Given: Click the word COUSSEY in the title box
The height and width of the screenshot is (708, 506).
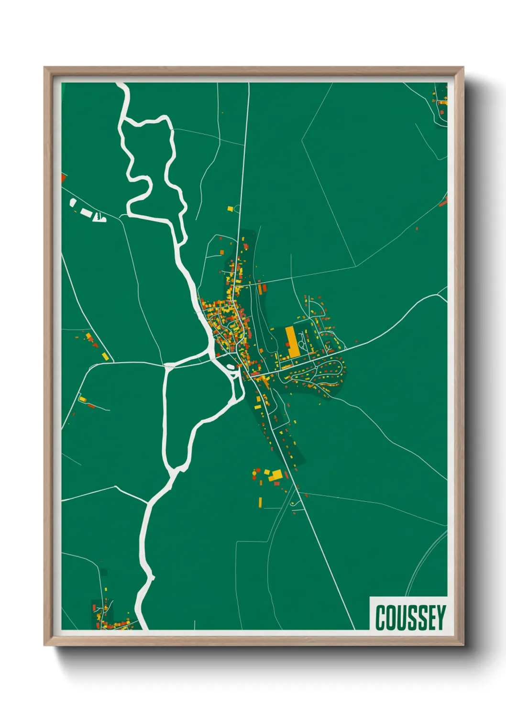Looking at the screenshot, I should (x=410, y=618).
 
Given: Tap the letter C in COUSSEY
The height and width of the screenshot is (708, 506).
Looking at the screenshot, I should (x=381, y=618).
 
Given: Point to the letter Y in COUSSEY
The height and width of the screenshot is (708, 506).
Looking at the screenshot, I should (x=441, y=618).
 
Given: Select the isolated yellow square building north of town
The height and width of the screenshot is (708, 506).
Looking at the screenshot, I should (x=230, y=209).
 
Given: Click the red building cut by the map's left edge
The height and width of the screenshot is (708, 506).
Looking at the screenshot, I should (x=63, y=178).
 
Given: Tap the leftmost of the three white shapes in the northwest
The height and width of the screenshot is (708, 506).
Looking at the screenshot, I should (x=73, y=202).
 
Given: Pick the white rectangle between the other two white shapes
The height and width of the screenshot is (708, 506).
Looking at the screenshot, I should (x=86, y=212).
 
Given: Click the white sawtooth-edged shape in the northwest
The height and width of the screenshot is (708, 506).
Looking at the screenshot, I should (x=99, y=218).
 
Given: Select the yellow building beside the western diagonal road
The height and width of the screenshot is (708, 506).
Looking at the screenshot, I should (x=105, y=356).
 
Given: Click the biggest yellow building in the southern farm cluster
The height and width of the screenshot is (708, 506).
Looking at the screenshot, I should (x=276, y=476).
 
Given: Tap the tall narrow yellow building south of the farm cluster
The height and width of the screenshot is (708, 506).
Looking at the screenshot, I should (x=261, y=502).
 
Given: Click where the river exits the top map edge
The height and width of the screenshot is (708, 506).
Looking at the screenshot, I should (x=123, y=85).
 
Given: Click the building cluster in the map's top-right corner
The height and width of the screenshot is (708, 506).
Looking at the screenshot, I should (x=440, y=100).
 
